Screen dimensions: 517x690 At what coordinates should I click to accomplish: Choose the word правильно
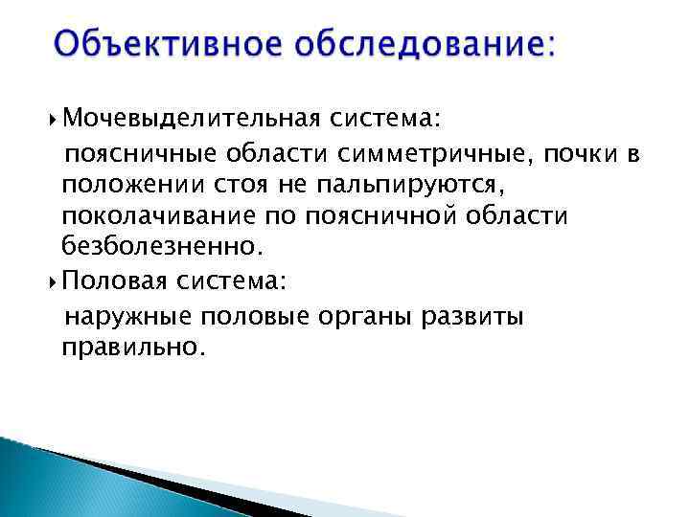coord(133,348)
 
